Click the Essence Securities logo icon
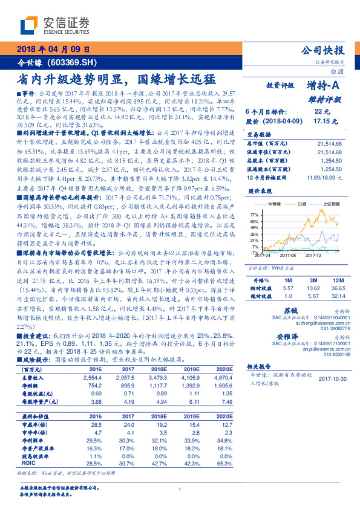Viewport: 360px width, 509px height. click(x=30, y=26)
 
